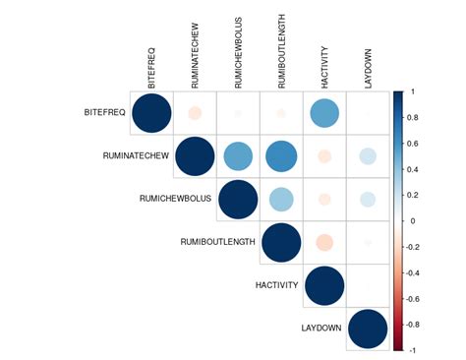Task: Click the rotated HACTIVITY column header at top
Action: [324, 61]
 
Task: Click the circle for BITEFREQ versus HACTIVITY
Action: [324, 113]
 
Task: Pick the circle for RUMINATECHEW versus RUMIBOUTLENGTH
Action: [281, 156]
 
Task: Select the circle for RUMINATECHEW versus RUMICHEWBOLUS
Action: [238, 156]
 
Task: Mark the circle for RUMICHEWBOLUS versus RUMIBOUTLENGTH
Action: [281, 200]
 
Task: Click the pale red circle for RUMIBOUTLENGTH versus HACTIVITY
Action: [324, 242]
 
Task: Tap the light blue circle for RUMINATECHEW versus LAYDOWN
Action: [368, 156]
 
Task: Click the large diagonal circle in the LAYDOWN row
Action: [368, 329]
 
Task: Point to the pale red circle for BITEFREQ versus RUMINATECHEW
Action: [195, 113]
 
